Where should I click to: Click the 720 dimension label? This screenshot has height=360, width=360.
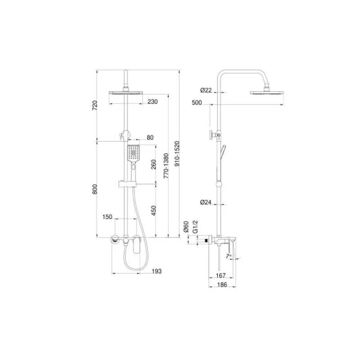pos(95,105)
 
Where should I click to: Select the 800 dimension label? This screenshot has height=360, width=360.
pos(95,189)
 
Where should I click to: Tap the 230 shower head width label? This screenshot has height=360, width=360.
pos(153,102)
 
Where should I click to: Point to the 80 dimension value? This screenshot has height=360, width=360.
pos(150,137)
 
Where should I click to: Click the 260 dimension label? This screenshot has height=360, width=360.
pos(153,164)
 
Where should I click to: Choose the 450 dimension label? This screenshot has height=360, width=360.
pos(153,211)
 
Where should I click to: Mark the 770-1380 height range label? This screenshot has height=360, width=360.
pos(166,166)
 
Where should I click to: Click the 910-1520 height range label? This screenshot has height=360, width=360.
pos(177,153)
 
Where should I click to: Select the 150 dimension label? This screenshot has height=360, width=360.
pos(107,217)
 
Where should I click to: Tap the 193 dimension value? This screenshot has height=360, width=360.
pos(157,271)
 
